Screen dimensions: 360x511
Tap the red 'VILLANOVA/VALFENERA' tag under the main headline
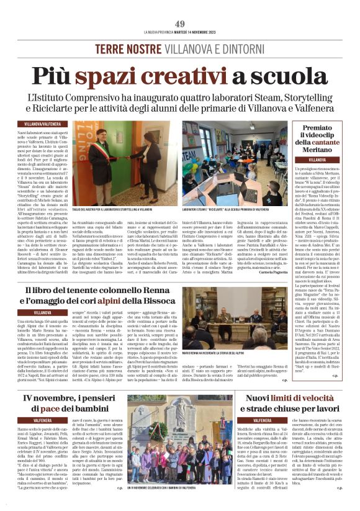(x=38, y=124)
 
